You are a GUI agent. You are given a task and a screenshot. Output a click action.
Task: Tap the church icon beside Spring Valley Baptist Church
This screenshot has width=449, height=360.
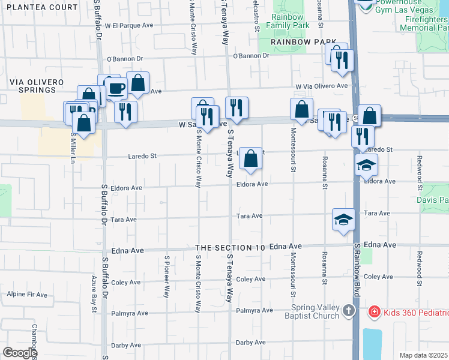click(349, 311)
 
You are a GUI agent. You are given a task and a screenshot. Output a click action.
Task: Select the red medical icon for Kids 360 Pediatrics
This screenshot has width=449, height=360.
click(373, 312)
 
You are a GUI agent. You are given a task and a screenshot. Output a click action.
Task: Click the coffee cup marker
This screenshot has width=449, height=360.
click(116, 89)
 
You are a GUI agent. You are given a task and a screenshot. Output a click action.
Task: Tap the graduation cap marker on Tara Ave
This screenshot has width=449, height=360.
click(343, 219)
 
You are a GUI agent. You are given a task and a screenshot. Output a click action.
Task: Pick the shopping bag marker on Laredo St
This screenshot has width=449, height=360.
click(251, 159)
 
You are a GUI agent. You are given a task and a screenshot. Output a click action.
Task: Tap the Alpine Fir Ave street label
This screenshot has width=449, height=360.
click(23, 295)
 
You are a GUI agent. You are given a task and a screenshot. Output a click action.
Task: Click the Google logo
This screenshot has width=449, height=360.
click(19, 353)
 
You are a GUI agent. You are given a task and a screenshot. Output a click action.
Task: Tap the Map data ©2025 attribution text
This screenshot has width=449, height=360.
click(423, 355)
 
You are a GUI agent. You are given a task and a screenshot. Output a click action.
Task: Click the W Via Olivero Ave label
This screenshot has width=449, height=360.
click(321, 86)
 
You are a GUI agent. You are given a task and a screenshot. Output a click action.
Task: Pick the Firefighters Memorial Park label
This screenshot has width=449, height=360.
click(424, 23)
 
